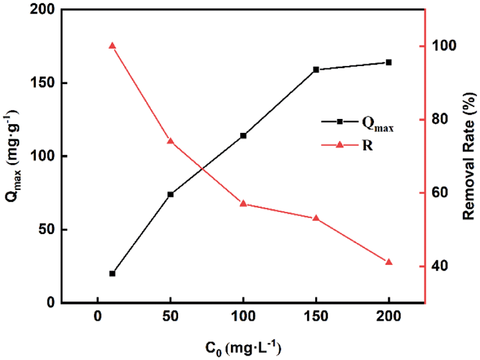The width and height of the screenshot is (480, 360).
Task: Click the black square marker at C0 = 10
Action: pos(113,274)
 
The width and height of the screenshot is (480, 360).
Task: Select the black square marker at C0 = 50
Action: pos(171,194)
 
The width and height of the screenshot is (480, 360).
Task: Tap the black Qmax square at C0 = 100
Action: pos(243,135)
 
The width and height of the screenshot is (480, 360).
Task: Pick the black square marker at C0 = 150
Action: pos(316,70)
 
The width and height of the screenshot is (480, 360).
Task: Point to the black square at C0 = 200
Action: pos(389,62)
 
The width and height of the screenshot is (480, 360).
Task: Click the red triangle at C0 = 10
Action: pos(113,46)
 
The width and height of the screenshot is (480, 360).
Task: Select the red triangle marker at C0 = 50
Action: pos(171,141)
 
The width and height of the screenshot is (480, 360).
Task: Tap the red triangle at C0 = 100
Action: pos(243,203)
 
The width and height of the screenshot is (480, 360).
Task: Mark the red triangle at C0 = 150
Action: pos(316,218)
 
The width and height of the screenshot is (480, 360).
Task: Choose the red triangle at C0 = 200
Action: pos(389,262)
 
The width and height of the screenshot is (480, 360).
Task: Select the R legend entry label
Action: pos(367,145)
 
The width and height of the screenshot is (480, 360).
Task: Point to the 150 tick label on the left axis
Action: pos(46,83)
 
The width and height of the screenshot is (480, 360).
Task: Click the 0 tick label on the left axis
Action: pos(51,303)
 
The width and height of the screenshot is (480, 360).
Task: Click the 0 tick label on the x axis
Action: pos(98,316)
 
